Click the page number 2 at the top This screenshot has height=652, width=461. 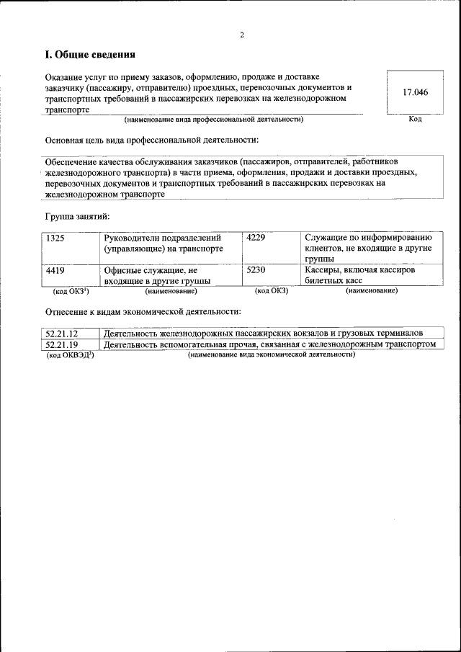click(242, 35)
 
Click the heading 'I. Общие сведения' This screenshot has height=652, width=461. click(90, 55)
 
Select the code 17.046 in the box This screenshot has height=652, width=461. click(415, 92)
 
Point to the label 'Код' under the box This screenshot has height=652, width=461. click(415, 119)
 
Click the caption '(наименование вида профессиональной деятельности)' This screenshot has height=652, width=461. click(213, 119)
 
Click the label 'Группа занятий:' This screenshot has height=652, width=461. click(77, 215)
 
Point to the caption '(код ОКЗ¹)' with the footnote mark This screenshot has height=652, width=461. click(71, 291)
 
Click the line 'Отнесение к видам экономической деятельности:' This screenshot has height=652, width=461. click(143, 311)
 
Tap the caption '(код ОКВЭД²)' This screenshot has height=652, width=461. click(70, 355)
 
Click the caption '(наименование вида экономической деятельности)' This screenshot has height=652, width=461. click(271, 355)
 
